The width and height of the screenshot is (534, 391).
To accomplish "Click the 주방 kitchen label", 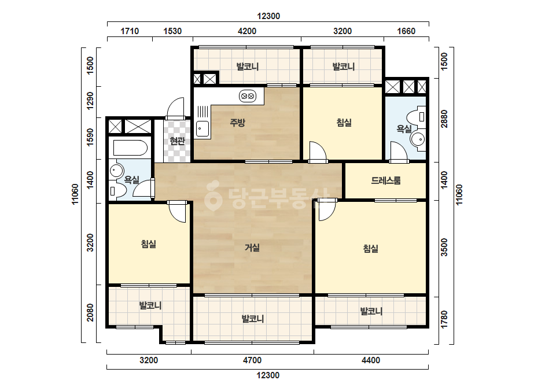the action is click(x=237, y=123).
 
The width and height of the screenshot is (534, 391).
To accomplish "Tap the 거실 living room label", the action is click(x=252, y=248).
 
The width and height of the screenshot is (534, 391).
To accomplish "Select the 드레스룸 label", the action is click(x=386, y=180).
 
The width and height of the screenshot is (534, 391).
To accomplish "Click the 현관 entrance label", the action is click(x=177, y=141).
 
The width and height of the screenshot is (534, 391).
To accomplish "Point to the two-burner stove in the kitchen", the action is click(x=248, y=96).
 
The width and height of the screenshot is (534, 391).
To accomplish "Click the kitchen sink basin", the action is click(x=202, y=129).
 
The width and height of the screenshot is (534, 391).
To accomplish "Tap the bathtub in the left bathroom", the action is click(x=130, y=148).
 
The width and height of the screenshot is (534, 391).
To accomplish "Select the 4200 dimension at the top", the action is click(x=247, y=31).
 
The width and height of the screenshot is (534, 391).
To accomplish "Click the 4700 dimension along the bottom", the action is click(x=252, y=360).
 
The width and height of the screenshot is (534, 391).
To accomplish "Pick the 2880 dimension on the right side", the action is click(x=444, y=119).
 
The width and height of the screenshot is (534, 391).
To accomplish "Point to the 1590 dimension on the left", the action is click(x=90, y=137).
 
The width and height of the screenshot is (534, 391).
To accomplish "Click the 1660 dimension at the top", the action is click(x=406, y=31).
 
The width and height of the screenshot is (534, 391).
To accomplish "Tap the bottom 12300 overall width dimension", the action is click(x=268, y=375).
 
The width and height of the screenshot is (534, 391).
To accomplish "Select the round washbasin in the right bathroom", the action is click(x=417, y=139).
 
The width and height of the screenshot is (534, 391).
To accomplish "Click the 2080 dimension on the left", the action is click(x=90, y=313).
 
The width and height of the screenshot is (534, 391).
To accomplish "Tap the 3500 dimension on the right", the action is click(x=444, y=248).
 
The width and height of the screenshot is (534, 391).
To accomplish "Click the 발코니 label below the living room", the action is click(x=253, y=319).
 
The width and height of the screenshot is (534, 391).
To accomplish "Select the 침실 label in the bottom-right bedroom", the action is click(x=370, y=249).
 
